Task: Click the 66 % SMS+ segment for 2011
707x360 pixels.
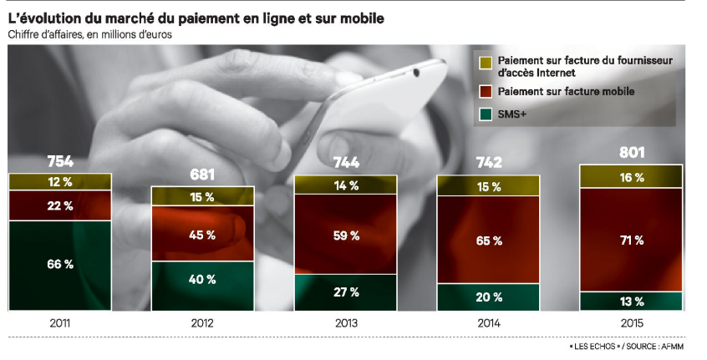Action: click(x=60, y=264)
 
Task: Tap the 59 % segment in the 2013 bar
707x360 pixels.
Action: click(x=345, y=236)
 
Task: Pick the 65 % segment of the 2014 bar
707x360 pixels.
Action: click(x=489, y=241)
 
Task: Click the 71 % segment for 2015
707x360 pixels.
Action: click(x=631, y=240)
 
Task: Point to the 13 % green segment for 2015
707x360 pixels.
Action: click(x=631, y=302)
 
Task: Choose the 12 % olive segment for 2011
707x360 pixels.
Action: click(x=60, y=182)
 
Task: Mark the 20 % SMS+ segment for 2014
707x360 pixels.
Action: click(x=489, y=297)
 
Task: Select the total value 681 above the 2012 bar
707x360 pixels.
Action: click(x=202, y=175)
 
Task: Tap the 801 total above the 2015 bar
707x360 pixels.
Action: click(x=631, y=153)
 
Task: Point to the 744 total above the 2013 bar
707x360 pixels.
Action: click(x=345, y=162)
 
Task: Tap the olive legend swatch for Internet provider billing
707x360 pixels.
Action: click(x=485, y=61)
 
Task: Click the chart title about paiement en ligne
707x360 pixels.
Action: click(x=197, y=18)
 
